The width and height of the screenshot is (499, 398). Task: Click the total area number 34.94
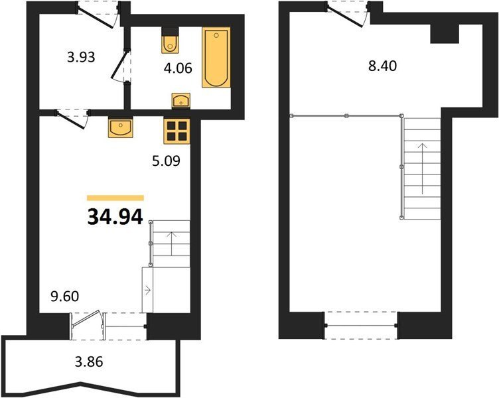click(x=115, y=217)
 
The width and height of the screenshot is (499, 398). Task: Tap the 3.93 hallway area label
click(x=81, y=57)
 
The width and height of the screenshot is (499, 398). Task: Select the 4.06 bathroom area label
click(x=178, y=68)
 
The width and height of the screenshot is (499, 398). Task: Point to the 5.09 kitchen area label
click(x=166, y=161)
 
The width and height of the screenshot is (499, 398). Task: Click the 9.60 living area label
click(x=65, y=297)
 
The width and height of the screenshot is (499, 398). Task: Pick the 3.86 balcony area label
click(x=89, y=362)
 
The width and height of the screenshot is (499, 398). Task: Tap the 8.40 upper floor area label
click(x=382, y=66)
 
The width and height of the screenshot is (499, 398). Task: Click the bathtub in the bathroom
click(x=216, y=58)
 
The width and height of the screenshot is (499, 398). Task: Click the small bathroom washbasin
click(x=180, y=101)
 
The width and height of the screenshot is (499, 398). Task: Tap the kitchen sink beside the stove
click(x=121, y=127)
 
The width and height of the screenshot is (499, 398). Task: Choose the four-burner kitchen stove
click(x=177, y=131)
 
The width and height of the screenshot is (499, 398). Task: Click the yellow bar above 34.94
click(x=115, y=198)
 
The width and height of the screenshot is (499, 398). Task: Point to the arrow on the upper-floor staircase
click(x=422, y=168)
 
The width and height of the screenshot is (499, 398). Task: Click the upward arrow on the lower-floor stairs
click(x=171, y=243)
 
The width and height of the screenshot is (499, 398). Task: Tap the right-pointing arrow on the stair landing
click(x=148, y=290)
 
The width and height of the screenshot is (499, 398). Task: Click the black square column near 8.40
click(x=445, y=34)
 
